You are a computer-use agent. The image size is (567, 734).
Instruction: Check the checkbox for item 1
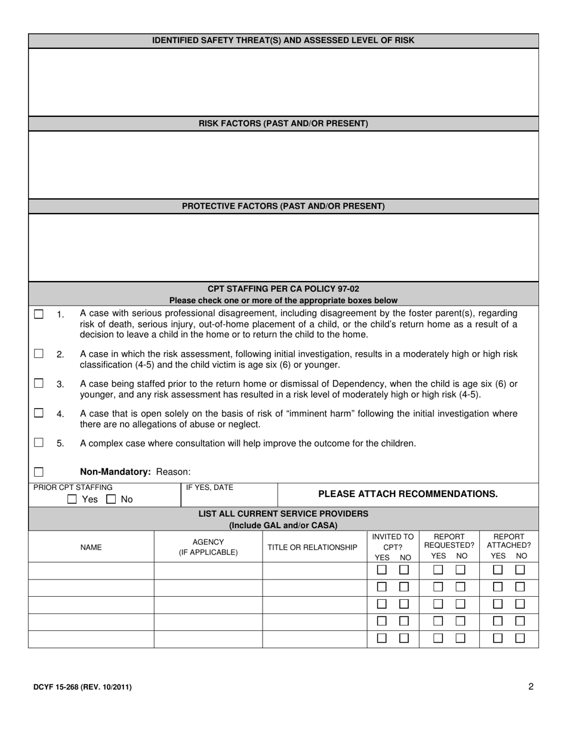click(39, 314)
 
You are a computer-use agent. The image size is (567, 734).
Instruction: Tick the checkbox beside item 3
click(39, 383)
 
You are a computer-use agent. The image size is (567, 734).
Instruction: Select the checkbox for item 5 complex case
click(39, 443)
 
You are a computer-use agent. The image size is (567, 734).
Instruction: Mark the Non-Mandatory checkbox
click(39, 472)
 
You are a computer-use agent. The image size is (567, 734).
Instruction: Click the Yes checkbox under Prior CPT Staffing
click(72, 499)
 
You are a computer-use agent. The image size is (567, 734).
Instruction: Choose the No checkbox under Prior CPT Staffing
click(111, 499)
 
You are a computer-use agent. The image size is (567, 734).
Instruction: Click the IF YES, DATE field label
click(209, 488)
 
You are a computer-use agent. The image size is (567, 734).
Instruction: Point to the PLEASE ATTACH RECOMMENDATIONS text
click(408, 494)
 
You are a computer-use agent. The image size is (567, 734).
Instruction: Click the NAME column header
click(91, 547)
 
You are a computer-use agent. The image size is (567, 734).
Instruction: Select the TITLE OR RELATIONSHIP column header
click(312, 547)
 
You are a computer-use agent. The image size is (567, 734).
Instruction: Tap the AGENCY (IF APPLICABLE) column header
click(208, 547)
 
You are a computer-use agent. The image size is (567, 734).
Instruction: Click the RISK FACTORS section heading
click(283, 124)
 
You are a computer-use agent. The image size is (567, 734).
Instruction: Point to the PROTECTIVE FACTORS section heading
click(283, 206)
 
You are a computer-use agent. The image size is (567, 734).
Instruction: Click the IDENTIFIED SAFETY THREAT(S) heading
click(283, 41)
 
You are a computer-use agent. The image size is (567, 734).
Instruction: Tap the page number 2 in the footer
click(531, 686)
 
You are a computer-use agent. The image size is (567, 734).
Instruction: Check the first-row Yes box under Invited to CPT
click(382, 570)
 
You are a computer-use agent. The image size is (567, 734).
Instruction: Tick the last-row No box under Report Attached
click(520, 638)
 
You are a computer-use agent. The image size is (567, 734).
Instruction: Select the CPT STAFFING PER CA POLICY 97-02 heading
click(283, 289)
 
